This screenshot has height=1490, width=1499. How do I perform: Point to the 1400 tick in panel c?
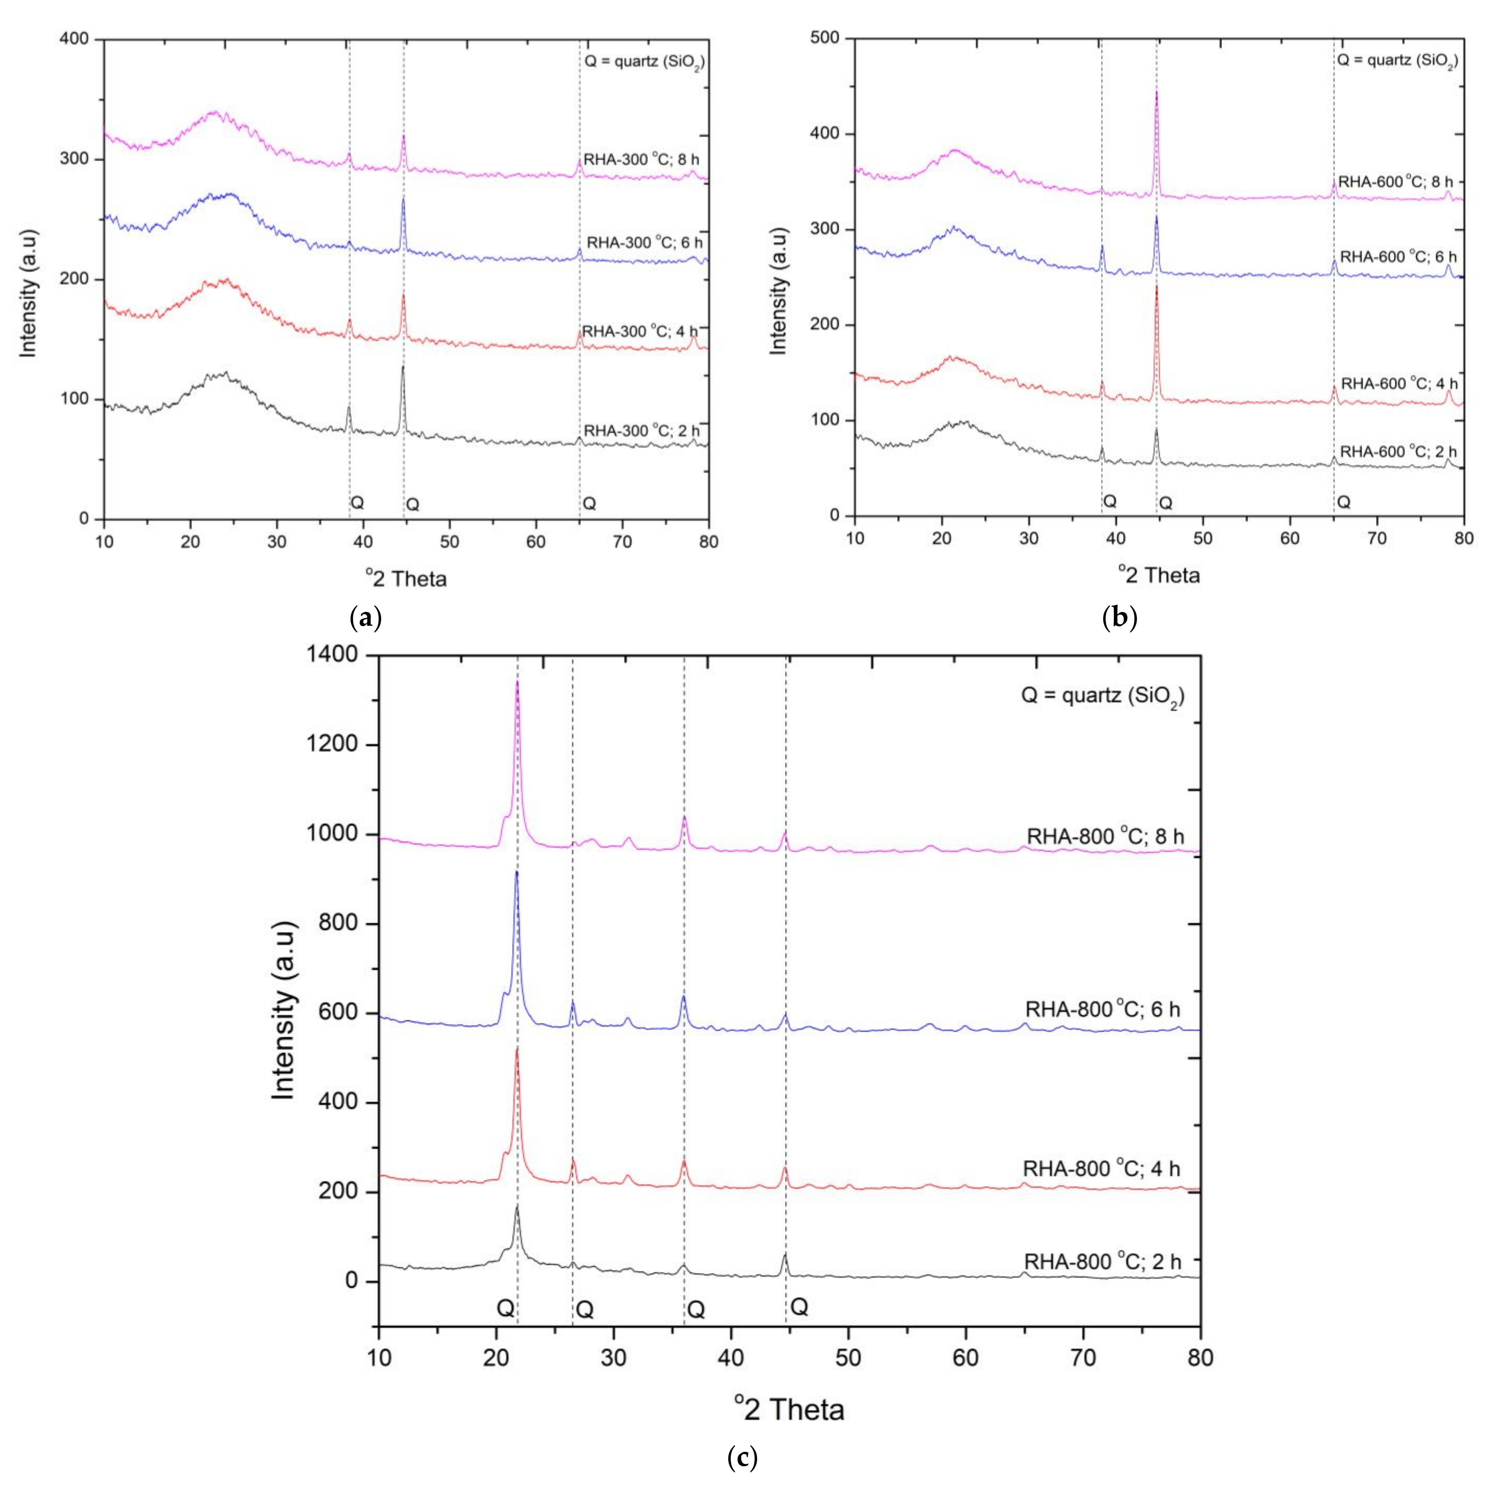coord(336,656)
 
